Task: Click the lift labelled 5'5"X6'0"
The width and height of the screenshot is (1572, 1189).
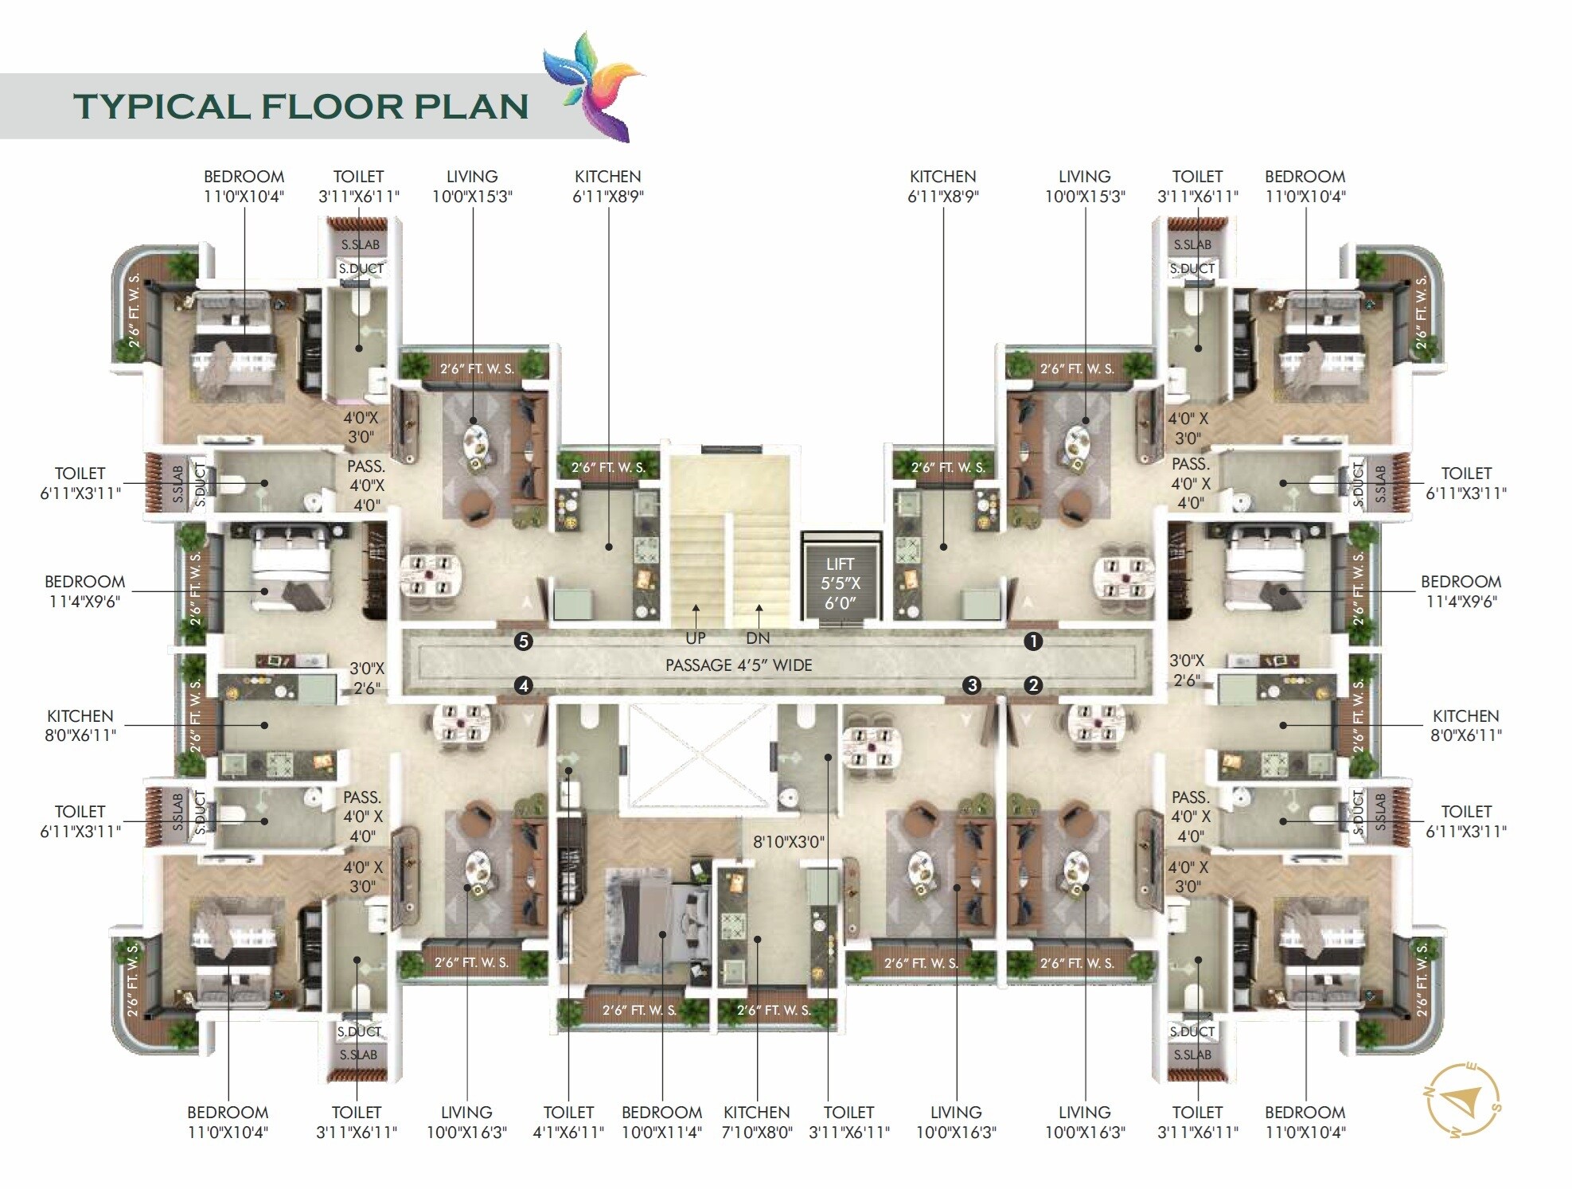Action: tap(840, 583)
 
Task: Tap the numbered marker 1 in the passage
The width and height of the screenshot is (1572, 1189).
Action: tap(1032, 641)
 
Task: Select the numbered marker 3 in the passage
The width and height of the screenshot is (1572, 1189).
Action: tap(971, 685)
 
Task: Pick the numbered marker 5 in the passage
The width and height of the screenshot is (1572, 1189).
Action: tap(523, 641)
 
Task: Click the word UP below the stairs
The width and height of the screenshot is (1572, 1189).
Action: tap(695, 638)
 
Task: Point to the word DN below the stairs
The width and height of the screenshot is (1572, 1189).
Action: tap(758, 638)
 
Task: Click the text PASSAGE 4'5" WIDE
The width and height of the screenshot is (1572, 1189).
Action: tap(739, 665)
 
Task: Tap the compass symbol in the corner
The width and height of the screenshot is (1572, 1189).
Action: tap(1462, 1101)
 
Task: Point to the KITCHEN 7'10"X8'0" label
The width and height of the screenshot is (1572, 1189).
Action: tap(756, 1122)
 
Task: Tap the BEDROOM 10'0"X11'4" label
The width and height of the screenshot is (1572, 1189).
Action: tap(661, 1122)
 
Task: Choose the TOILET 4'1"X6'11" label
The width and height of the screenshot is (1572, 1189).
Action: tap(568, 1122)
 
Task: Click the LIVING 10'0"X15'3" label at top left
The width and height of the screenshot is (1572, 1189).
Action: tap(472, 186)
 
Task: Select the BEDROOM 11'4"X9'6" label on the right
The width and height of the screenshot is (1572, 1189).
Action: tap(1461, 591)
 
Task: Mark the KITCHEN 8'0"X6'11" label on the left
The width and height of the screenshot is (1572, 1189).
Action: tap(80, 725)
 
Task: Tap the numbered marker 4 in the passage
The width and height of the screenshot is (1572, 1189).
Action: tap(523, 685)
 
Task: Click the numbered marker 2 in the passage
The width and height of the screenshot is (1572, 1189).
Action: tap(1032, 685)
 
